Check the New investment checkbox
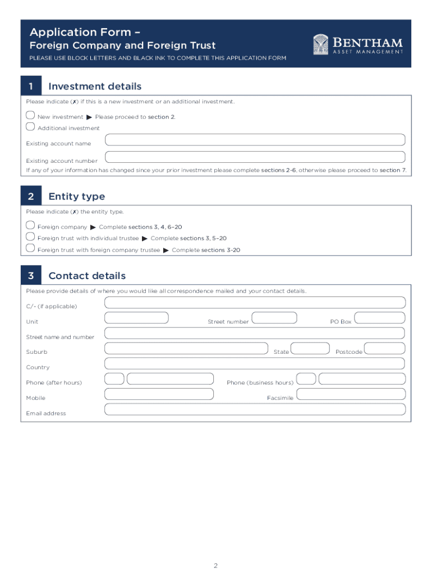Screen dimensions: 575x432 (30, 115)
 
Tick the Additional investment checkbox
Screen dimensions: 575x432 (30, 125)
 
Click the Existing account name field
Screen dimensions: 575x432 (255, 140)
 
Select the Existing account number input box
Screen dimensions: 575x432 (255, 157)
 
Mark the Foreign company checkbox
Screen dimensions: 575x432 (30, 225)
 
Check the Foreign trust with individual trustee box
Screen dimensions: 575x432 (30, 236)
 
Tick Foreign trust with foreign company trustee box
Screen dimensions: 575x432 (30, 248)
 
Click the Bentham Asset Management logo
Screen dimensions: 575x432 (358, 44)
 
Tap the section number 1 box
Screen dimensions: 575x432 (31, 86)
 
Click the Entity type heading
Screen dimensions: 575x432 (76, 197)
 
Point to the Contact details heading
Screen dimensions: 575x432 (87, 276)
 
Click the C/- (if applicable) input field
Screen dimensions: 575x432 (255, 303)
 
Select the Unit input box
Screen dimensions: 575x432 (137, 318)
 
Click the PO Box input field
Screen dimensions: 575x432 (380, 318)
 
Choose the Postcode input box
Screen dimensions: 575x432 (384, 349)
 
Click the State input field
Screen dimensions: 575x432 (310, 349)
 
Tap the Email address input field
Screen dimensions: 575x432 (255, 409)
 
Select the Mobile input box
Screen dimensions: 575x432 (159, 394)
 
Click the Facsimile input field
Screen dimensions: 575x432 (350, 394)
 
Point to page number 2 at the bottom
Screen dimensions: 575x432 (215, 565)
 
